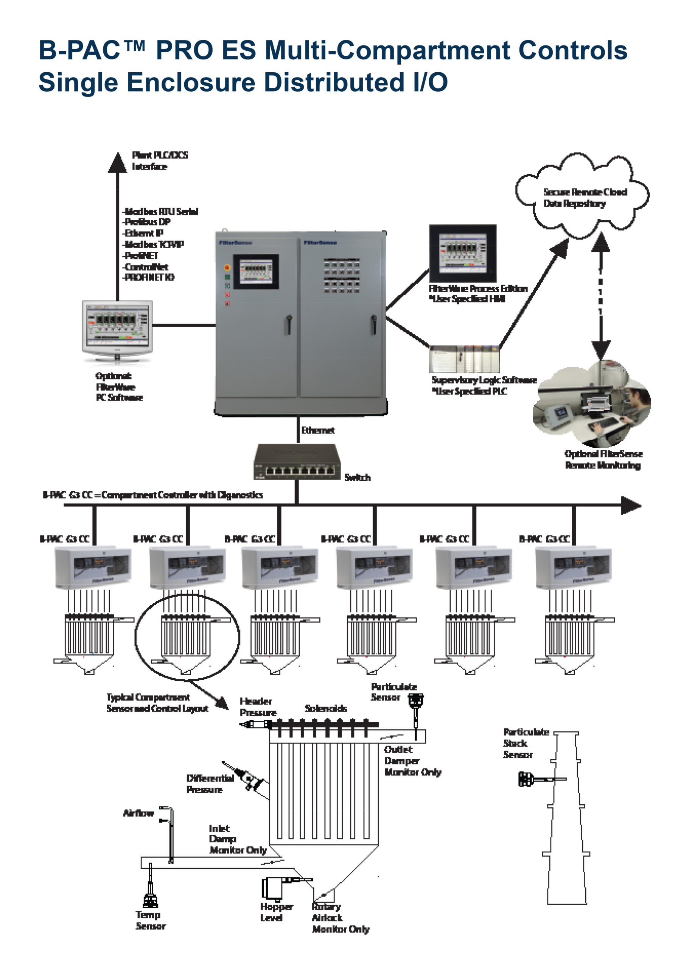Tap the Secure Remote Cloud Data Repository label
pyautogui.click(x=584, y=198)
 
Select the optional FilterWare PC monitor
pyautogui.click(x=117, y=327)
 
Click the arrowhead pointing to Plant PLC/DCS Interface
pyautogui.click(x=117, y=163)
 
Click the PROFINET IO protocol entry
pyautogui.click(x=149, y=277)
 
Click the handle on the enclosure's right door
pyautogui.click(x=373, y=324)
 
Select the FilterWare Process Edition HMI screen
pyautogui.click(x=463, y=253)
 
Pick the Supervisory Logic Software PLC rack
pyautogui.click(x=465, y=359)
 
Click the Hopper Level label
pyautogui.click(x=276, y=912)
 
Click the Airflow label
pyautogui.click(x=138, y=813)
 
